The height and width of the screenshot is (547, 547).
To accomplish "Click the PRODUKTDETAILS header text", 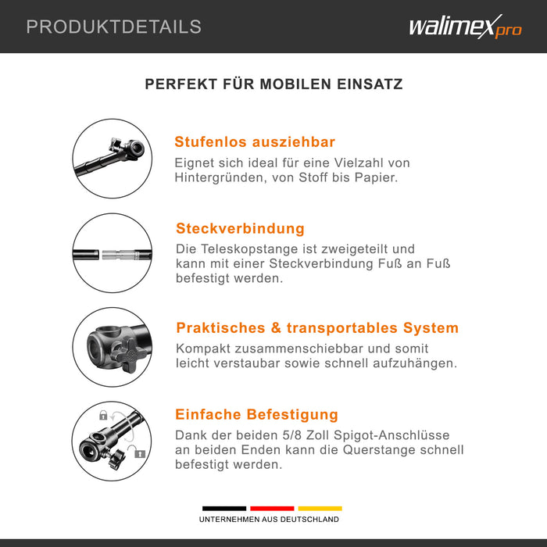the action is pyautogui.click(x=114, y=27).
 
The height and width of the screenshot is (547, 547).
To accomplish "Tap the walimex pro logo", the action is pyautogui.click(x=466, y=27).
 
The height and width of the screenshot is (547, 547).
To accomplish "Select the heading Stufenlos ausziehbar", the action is pyautogui.click(x=255, y=142).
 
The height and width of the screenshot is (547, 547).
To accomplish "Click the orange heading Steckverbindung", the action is pyautogui.click(x=240, y=228).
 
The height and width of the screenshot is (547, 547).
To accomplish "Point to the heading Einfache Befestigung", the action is pyautogui.click(x=256, y=414).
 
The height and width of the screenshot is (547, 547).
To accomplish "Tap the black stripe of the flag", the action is pyautogui.click(x=224, y=508).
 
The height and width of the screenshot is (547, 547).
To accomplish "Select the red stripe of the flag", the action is pyautogui.click(x=272, y=508).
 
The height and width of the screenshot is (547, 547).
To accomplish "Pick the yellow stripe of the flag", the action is pyautogui.click(x=320, y=508).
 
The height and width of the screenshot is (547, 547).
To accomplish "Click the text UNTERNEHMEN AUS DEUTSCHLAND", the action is pyautogui.click(x=269, y=520).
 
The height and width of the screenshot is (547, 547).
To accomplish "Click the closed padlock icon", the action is pyautogui.click(x=103, y=415).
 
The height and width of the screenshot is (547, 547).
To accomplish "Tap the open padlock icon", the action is pyautogui.click(x=140, y=453).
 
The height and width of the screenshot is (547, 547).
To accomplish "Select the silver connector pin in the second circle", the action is pyautogui.click(x=118, y=255).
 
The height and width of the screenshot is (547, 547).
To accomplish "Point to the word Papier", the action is pyautogui.click(x=376, y=177).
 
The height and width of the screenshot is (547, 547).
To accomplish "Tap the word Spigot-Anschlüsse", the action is pyautogui.click(x=391, y=435).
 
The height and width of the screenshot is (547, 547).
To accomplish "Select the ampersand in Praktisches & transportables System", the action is pyautogui.click(x=276, y=328).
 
